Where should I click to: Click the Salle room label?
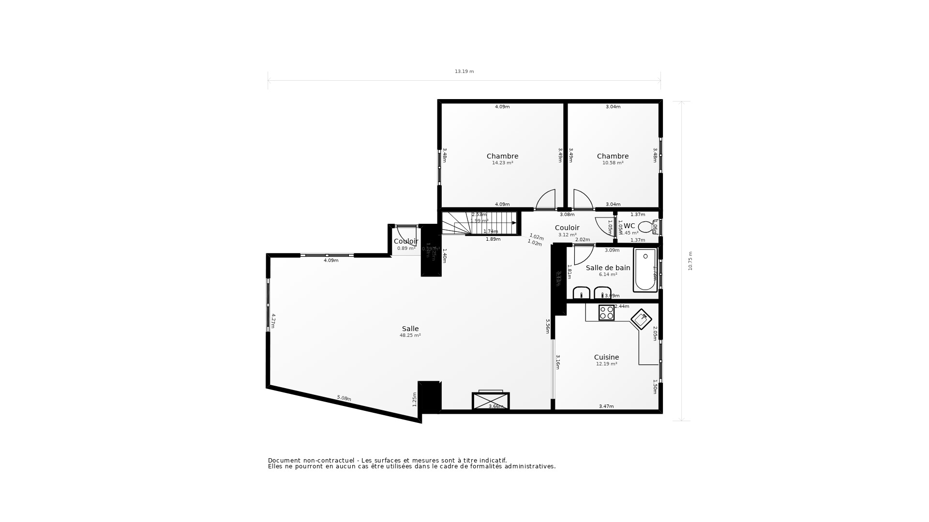(x=410, y=329)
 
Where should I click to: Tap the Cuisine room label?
(x=606, y=357)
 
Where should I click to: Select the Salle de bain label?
(x=608, y=268)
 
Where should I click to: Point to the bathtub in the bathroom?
(x=645, y=270)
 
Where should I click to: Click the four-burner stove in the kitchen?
(x=606, y=313)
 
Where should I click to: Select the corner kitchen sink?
(x=641, y=319)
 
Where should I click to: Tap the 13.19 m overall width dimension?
(x=464, y=72)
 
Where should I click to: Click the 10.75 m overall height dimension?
(x=690, y=261)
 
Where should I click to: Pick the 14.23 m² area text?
(x=502, y=163)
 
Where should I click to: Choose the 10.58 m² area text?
(x=613, y=163)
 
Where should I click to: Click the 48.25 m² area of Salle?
(x=410, y=335)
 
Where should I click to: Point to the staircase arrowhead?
(x=514, y=223)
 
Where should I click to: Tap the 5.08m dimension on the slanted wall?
(x=344, y=398)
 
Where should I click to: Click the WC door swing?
(x=605, y=226)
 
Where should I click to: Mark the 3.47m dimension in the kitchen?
(x=606, y=406)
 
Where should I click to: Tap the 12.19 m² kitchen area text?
(x=606, y=364)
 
